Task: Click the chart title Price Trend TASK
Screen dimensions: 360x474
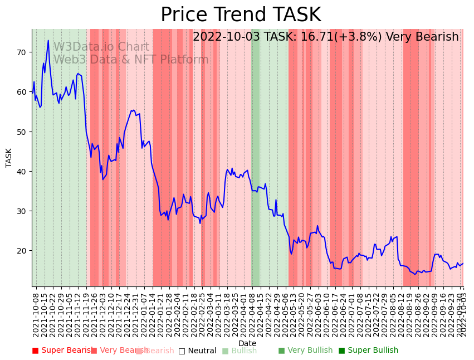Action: click(241, 15)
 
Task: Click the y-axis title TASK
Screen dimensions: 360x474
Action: click(9, 158)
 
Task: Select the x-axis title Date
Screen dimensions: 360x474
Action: click(247, 343)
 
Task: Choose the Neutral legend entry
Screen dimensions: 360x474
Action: click(197, 351)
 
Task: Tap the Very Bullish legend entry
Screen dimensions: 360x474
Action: click(305, 351)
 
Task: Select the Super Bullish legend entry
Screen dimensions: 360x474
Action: click(368, 351)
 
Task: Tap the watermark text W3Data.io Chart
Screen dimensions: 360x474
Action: click(101, 47)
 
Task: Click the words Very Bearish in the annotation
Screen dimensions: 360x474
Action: click(422, 37)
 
